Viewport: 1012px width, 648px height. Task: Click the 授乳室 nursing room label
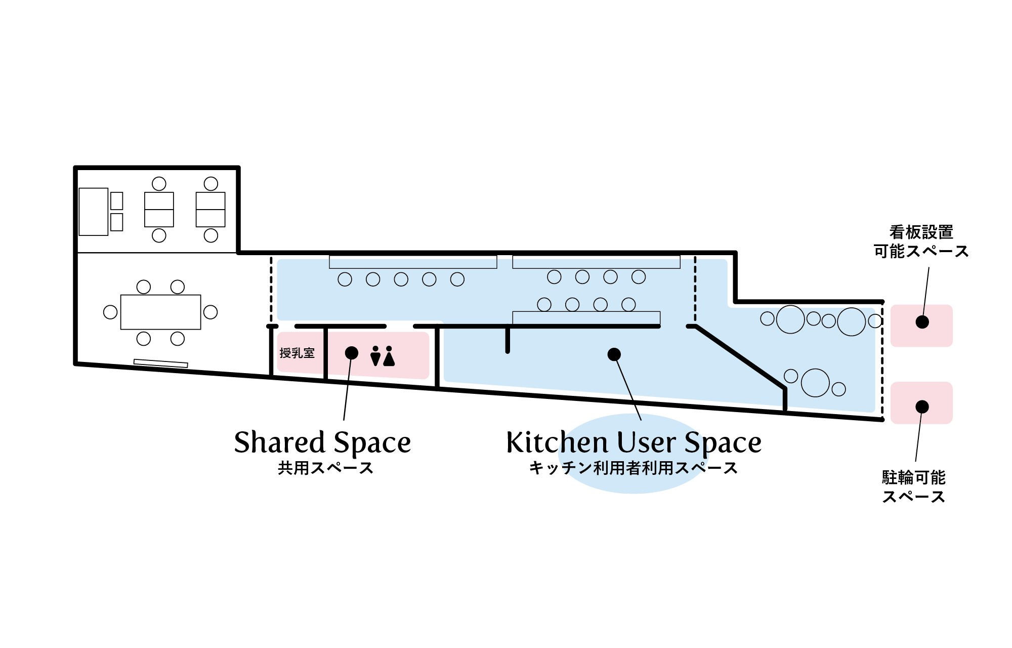297,353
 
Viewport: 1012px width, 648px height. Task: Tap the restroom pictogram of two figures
382,356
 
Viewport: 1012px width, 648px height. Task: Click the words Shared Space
322,442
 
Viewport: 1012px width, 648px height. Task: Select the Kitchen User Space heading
634,442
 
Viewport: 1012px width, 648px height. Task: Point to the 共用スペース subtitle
325,468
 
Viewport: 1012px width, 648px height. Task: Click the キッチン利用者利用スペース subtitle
633,468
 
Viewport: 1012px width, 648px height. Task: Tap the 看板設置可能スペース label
921,242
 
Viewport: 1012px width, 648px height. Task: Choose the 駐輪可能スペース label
913,487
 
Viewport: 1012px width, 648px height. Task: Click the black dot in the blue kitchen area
614,354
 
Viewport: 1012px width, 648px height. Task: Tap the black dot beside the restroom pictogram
352,353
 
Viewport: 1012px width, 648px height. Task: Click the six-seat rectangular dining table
160,312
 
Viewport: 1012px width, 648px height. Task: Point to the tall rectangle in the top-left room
94,212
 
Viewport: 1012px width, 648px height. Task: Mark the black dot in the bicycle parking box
922,407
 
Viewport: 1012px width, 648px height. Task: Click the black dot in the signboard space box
922,322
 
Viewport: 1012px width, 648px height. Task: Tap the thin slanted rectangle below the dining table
160,362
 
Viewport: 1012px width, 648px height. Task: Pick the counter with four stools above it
586,318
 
